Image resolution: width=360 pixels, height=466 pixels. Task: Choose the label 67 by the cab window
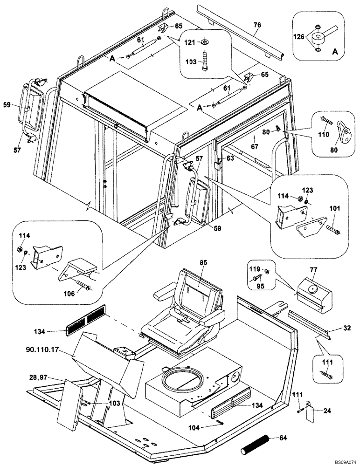pos(254,146)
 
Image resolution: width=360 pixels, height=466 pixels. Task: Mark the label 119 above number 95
pos(254,269)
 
